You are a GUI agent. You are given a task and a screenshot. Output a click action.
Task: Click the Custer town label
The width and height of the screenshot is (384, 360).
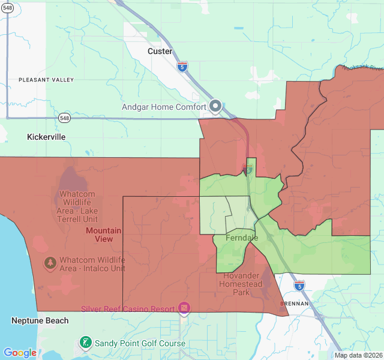pos(160,52)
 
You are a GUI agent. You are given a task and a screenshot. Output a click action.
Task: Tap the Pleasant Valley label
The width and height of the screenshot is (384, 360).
pos(46,80)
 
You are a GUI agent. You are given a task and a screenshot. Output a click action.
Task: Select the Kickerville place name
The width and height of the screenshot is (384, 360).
pos(46,137)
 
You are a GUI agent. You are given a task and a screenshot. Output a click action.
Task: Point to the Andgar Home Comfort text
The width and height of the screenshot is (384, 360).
pos(163,107)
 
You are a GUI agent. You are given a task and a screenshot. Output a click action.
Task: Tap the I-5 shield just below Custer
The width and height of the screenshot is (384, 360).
pos(182,66)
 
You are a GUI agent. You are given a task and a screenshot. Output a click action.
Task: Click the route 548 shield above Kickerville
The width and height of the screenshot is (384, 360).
pos(64,118)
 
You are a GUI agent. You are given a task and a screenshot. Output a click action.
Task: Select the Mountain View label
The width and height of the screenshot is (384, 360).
pos(103,235)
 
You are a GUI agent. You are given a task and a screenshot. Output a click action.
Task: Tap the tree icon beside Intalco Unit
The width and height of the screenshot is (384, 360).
pos(50,263)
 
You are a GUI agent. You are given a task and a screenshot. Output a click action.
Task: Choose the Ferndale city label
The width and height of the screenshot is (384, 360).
pos(242,238)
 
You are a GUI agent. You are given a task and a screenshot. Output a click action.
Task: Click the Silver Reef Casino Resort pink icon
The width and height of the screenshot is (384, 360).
pos(184,309)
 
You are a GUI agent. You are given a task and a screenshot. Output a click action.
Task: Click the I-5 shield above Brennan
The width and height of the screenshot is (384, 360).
pos(299,285)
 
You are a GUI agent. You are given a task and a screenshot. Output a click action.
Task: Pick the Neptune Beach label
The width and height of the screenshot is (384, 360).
pos(40,321)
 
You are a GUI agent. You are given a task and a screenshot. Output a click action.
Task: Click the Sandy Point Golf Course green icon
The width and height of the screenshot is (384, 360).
pos(86,343)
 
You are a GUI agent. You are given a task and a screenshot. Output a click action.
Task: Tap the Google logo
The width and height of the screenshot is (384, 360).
pos(20,353)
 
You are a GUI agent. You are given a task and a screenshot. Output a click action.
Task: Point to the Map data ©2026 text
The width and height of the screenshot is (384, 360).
pos(358,355)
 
